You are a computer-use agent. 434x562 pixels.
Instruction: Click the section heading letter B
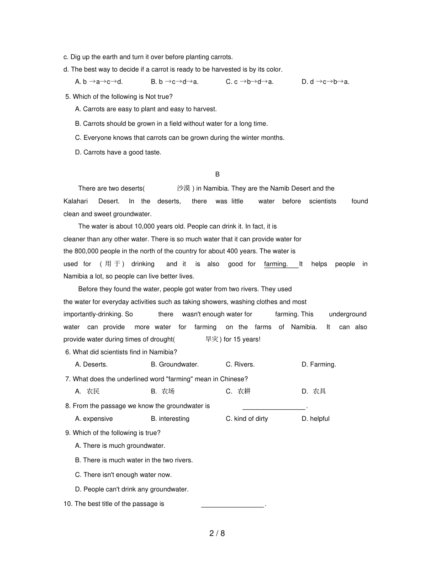(217, 174)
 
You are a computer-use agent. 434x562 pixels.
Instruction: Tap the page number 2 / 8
(217, 533)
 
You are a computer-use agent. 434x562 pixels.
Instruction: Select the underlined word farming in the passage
(276, 264)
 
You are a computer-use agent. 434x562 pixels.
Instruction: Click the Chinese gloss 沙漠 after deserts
(183, 188)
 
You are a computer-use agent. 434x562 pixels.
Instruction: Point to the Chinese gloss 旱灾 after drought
(212, 339)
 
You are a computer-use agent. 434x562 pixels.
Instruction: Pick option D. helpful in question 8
(315, 419)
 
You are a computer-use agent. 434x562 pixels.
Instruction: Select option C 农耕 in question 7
(238, 392)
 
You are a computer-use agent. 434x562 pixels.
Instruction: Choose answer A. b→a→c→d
(99, 82)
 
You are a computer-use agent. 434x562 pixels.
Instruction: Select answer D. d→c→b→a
(325, 82)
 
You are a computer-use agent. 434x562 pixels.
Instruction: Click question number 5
(68, 97)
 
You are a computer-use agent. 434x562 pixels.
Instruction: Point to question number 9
(68, 433)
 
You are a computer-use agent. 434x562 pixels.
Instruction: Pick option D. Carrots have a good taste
(118, 153)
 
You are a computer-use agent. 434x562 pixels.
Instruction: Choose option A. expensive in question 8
(94, 419)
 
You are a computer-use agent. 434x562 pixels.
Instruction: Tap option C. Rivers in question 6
(240, 365)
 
